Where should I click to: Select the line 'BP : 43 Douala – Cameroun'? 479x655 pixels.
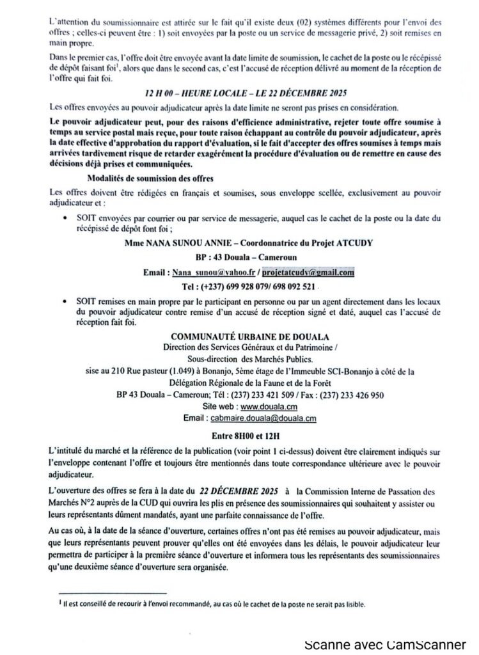coord(239,257)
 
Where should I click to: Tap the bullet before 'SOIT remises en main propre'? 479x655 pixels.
coord(67,299)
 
